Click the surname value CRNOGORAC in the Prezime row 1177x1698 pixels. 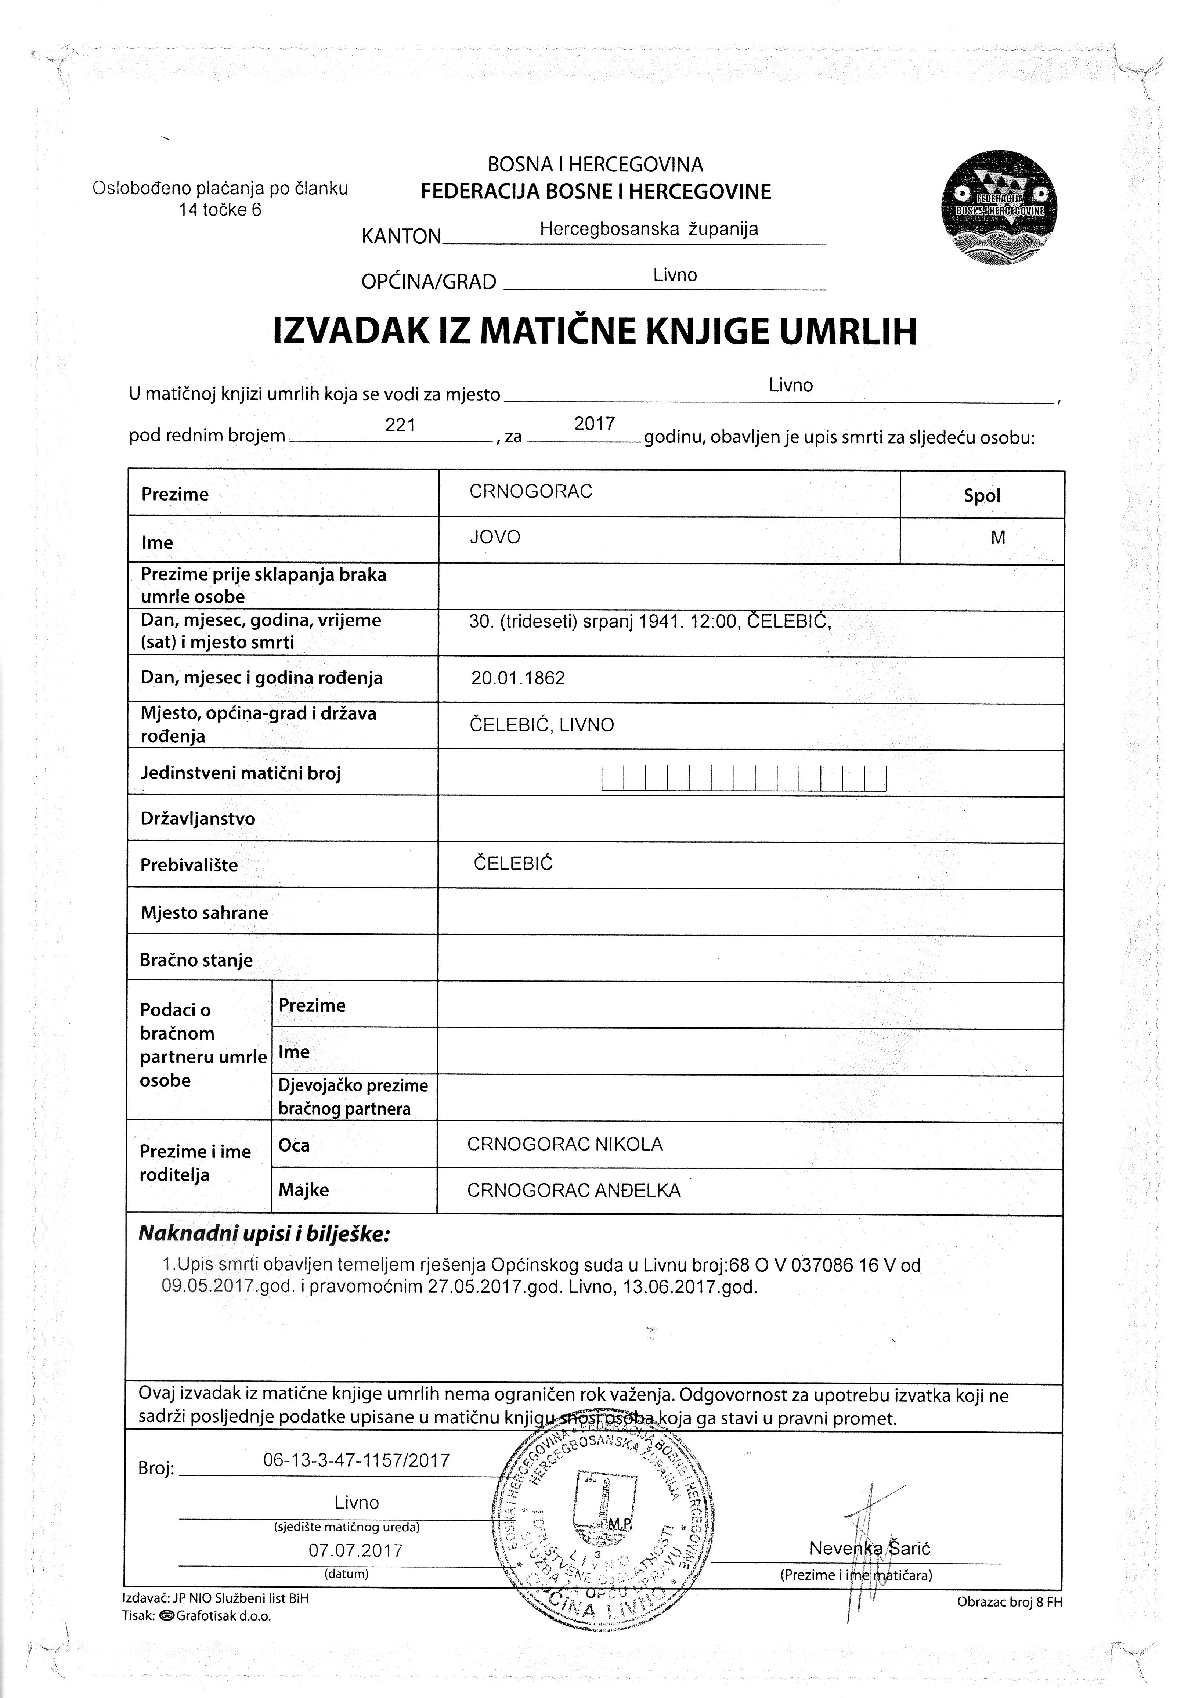click(x=531, y=492)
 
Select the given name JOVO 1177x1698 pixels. click(x=495, y=538)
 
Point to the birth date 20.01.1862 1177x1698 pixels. click(x=519, y=678)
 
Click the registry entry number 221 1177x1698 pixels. click(x=400, y=426)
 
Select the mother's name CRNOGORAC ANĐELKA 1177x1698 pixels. click(x=574, y=1190)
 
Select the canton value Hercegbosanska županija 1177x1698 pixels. click(x=649, y=229)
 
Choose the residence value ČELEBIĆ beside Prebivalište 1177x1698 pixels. click(x=513, y=863)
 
